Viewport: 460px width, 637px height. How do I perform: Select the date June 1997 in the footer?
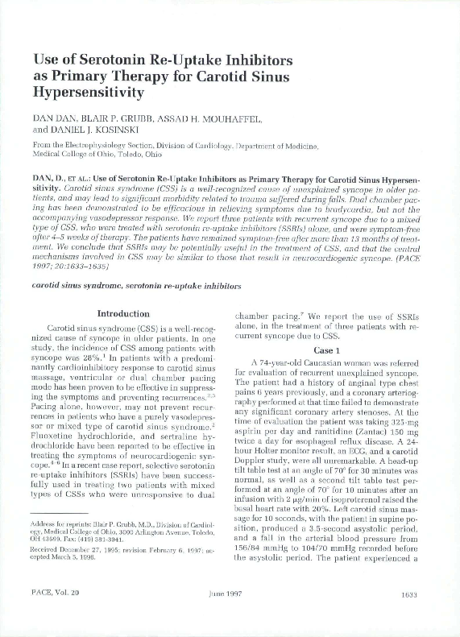tap(230, 617)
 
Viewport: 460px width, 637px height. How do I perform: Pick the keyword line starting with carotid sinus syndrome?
tap(131, 285)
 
